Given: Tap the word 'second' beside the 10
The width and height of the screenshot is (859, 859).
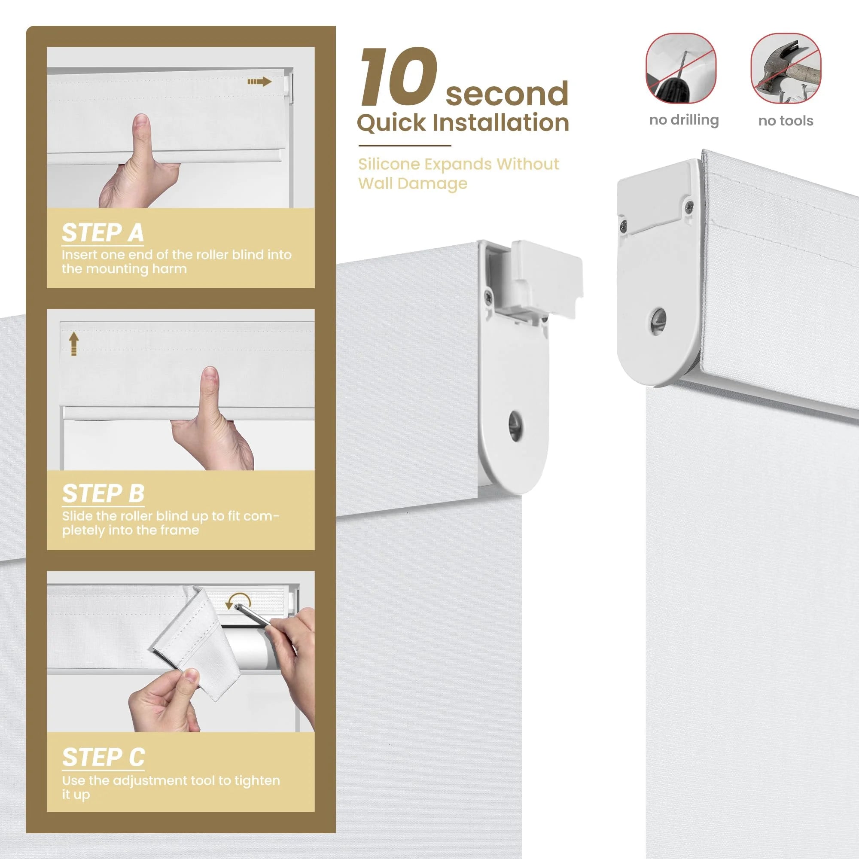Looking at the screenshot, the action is click(x=507, y=93).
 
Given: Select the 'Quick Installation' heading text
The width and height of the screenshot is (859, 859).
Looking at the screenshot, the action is click(x=463, y=123).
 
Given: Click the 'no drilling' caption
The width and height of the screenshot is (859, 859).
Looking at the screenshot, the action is click(x=684, y=120).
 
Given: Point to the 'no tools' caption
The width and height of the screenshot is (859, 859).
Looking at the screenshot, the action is click(x=786, y=121).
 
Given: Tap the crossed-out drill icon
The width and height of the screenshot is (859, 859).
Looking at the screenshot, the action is click(x=681, y=68).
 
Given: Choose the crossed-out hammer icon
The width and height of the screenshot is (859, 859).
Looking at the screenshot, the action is click(x=786, y=68).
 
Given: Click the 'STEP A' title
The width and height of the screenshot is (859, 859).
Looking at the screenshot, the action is click(x=103, y=232).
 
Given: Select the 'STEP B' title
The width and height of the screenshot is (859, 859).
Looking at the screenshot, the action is click(x=103, y=493).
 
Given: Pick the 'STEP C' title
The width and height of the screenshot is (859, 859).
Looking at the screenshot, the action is click(x=104, y=757).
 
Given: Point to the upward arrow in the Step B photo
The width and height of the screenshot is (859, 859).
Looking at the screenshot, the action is click(x=74, y=344).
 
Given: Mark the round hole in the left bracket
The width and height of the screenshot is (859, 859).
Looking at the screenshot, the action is click(x=515, y=426).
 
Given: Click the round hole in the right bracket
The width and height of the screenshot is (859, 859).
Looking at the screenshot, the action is click(x=658, y=320).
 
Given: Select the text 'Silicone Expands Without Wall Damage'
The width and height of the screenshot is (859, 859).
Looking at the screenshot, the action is click(x=458, y=174).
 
